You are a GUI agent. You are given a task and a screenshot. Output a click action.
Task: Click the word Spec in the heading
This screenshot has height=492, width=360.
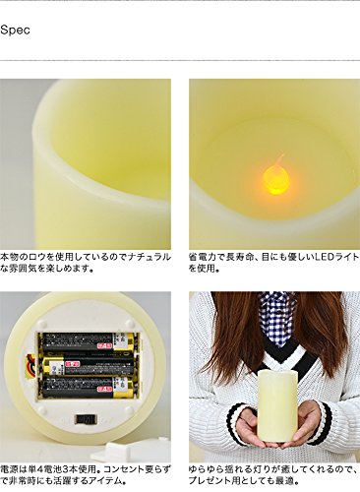[15, 30]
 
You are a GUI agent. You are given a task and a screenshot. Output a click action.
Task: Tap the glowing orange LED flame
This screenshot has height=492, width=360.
[276, 179]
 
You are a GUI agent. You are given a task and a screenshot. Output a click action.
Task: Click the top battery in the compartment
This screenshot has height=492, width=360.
[89, 342]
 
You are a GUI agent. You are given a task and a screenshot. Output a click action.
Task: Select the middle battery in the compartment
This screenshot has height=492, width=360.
[89, 366]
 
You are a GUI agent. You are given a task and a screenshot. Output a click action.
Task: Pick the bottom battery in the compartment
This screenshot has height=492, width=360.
[89, 388]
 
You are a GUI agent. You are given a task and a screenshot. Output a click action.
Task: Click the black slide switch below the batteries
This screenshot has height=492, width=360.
[87, 419]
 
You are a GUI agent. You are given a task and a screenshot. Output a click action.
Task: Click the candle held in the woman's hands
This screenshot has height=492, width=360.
[277, 405]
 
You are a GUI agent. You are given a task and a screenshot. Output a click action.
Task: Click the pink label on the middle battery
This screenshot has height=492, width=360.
[69, 364]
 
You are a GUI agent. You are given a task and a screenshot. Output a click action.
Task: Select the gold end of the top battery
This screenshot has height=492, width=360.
[126, 342]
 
